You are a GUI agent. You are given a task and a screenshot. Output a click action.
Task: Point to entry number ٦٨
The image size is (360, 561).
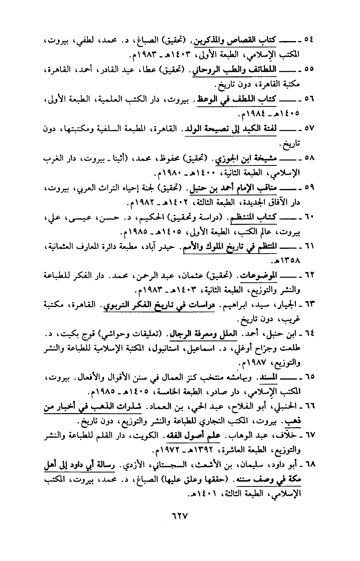click(x=309, y=465)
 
